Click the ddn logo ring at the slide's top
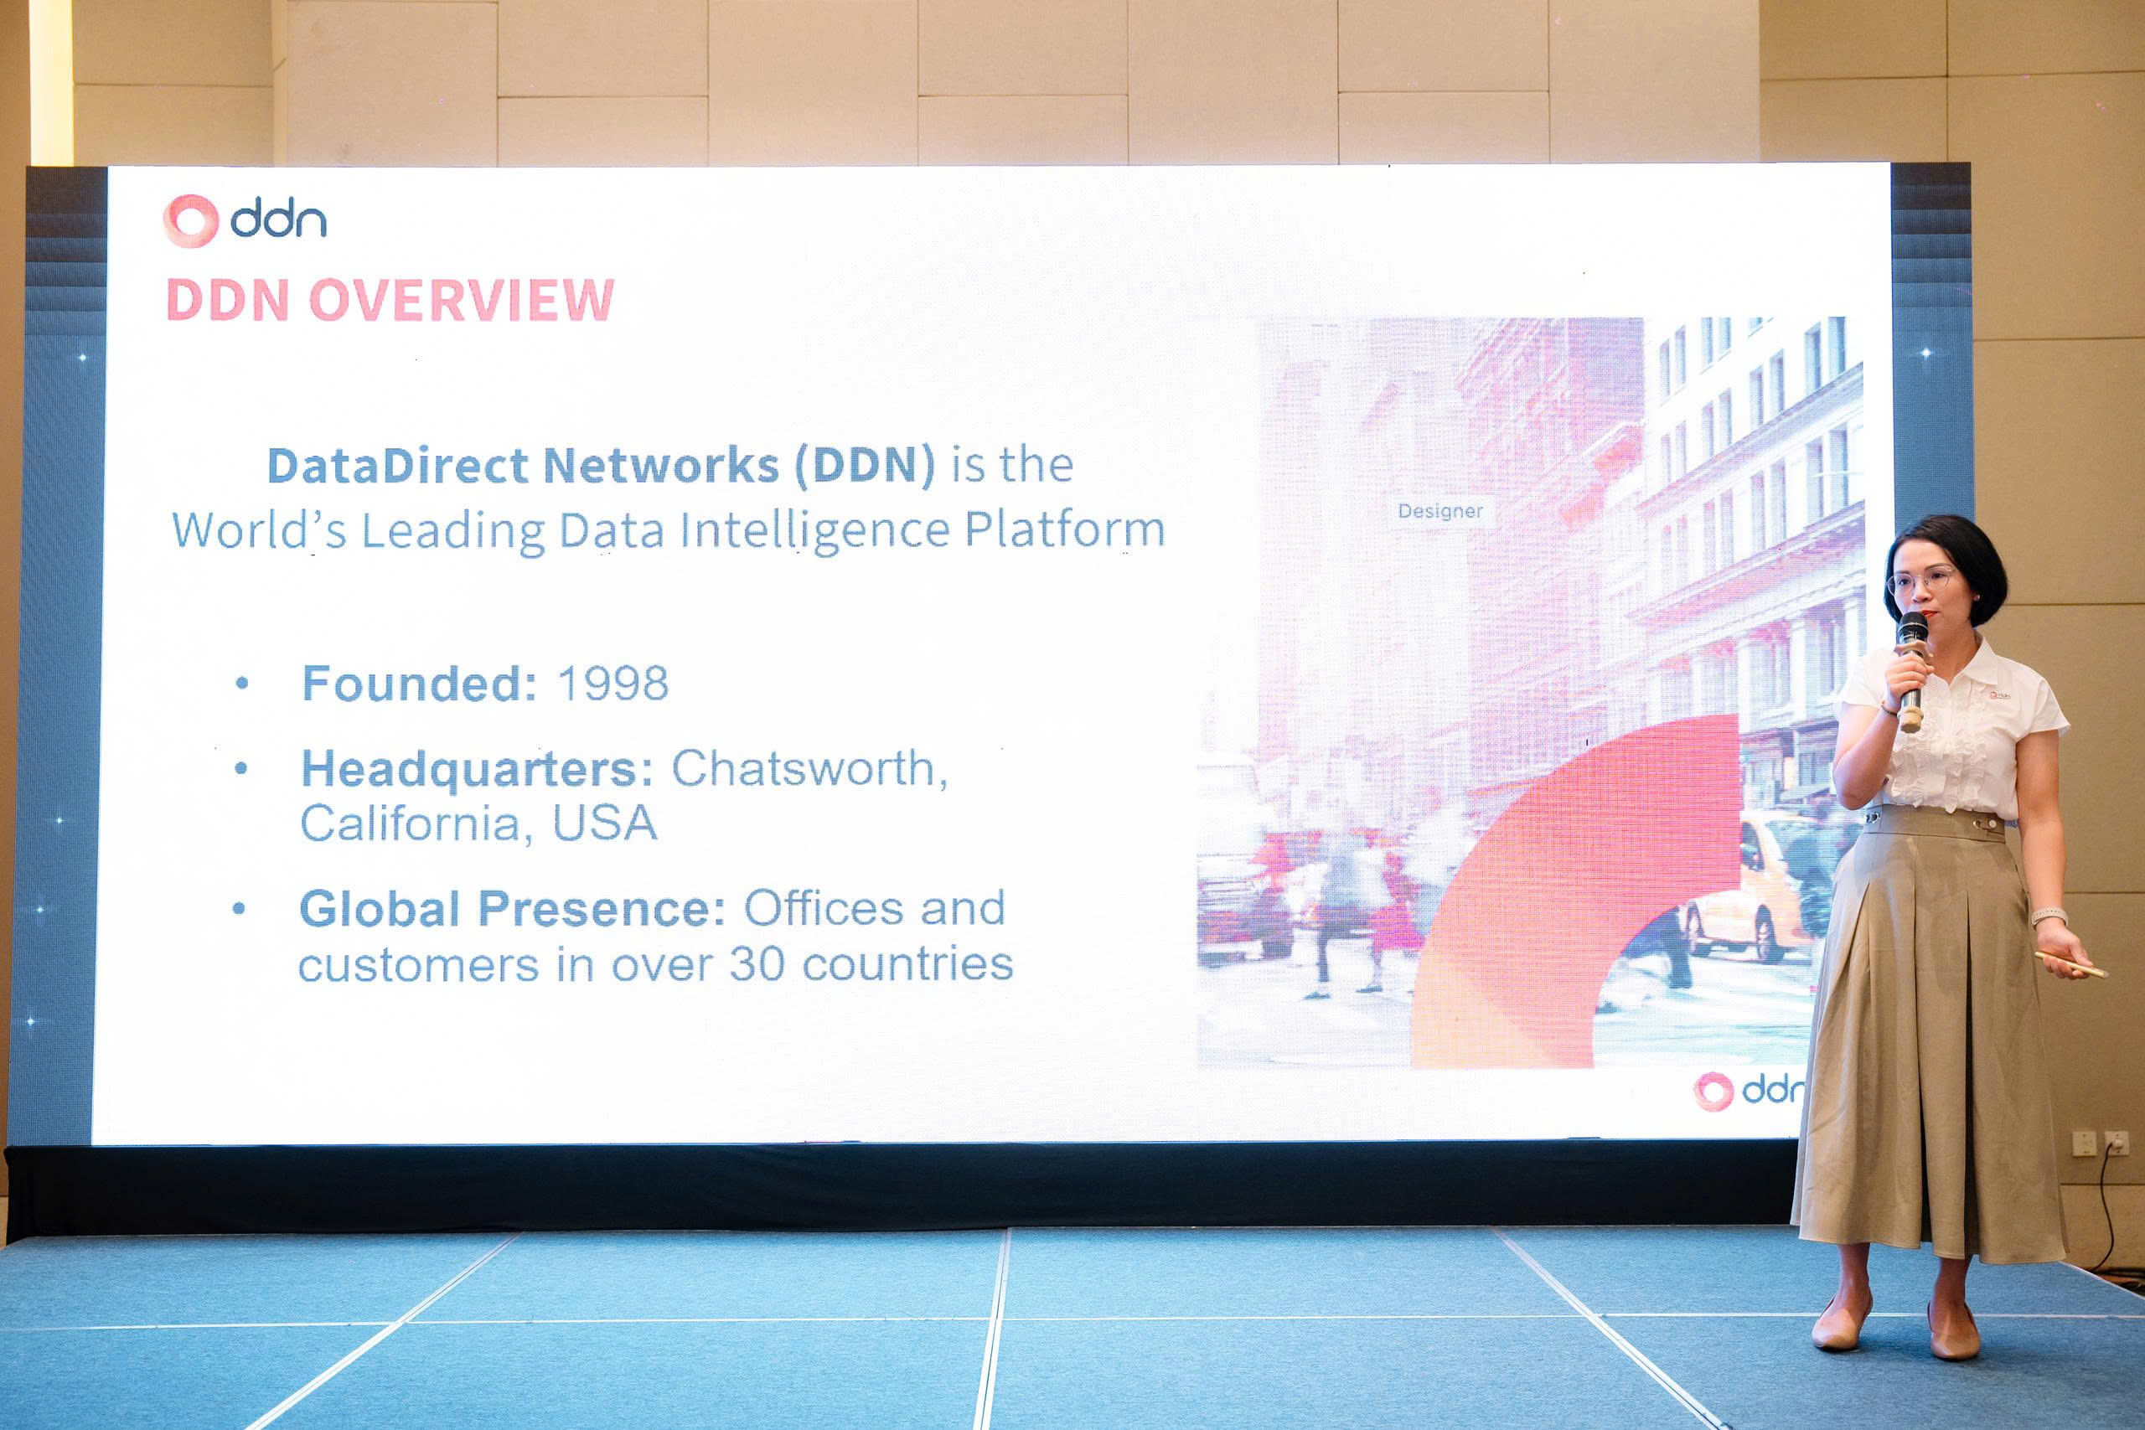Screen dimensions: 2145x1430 190,220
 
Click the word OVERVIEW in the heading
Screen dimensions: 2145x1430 462,300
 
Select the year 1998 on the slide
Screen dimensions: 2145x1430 612,683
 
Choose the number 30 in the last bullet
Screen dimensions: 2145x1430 757,964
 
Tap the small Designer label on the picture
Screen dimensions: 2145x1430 1440,511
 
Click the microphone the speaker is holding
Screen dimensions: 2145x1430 1910,670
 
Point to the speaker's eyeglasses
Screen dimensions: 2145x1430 1920,580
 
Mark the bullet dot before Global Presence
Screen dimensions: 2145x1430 240,908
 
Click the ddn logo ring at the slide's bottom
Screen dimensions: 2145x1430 1713,1091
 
